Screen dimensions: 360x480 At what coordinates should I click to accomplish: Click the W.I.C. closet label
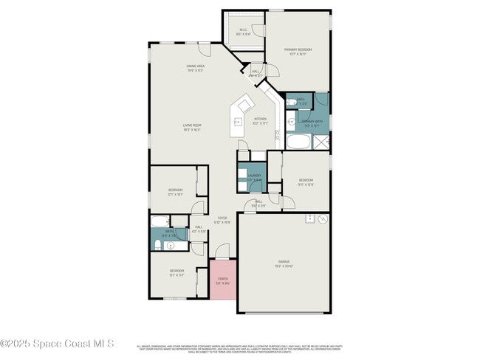pos(243,32)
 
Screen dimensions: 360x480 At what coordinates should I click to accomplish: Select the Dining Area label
pos(195,68)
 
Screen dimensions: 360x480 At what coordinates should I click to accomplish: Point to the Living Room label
pos(192,127)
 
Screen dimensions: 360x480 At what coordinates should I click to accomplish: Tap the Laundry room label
pos(253,177)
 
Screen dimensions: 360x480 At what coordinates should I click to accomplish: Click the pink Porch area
pos(223,280)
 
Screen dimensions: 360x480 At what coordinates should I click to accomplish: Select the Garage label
pos(284,263)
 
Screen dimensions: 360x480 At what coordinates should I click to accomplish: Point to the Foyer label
pos(222,219)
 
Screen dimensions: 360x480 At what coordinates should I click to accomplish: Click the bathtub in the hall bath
pos(160,221)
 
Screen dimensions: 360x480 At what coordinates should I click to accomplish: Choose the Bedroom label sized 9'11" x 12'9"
pos(306,181)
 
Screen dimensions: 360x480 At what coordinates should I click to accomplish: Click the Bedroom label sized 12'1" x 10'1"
pos(175,192)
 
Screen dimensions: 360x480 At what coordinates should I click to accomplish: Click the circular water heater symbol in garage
pos(322,219)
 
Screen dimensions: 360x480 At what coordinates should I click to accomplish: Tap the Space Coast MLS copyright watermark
pos(57,343)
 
